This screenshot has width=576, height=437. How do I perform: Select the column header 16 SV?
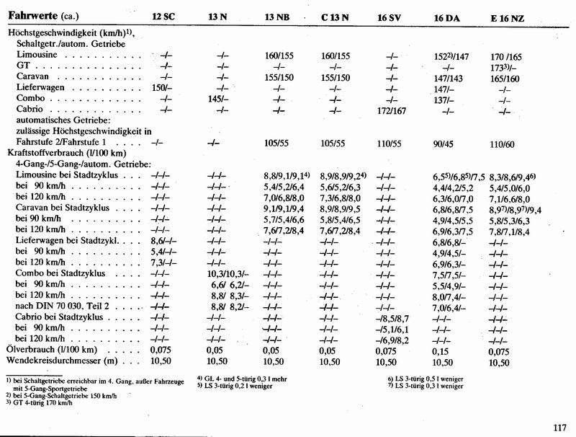coord(392,17)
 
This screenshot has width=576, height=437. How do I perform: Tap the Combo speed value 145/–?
coord(218,100)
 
